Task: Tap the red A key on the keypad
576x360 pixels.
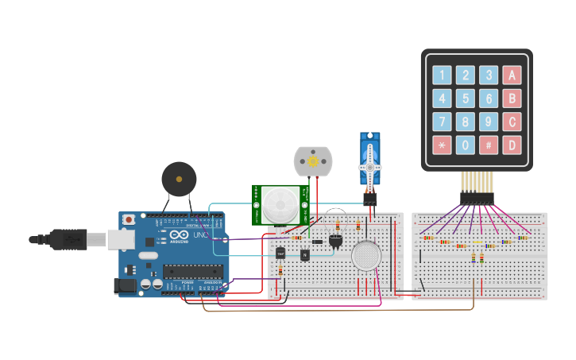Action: (513, 76)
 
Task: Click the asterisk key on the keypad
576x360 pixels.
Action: (441, 145)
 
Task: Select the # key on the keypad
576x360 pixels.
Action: (489, 145)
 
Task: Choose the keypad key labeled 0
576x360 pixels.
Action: (466, 145)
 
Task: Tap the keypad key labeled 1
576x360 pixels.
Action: (441, 76)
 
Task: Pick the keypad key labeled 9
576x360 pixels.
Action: (489, 122)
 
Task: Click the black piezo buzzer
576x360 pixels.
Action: (178, 178)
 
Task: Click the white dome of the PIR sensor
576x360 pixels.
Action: (279, 204)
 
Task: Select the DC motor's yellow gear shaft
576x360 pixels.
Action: (313, 162)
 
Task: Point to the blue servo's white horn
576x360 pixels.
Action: (369, 168)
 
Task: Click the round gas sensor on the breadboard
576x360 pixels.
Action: (366, 256)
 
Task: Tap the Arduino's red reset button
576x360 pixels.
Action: (130, 219)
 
